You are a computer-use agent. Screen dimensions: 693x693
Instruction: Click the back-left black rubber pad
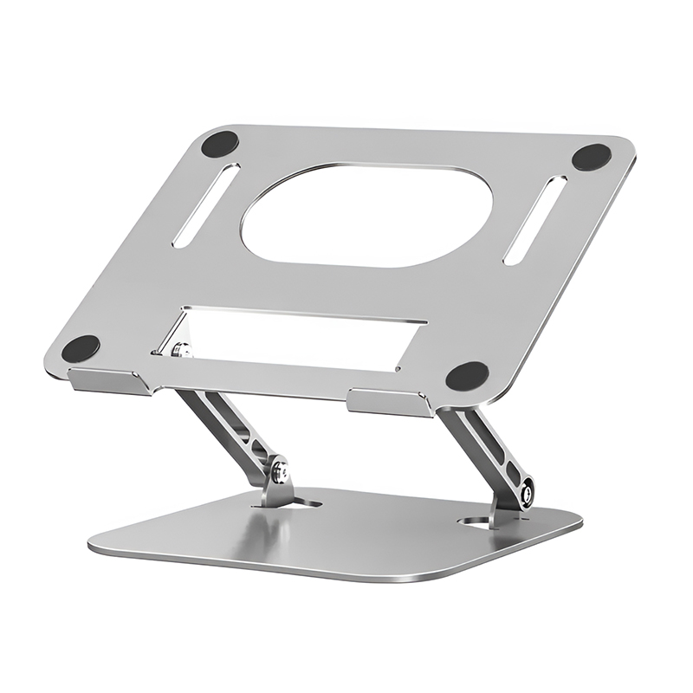point(220,144)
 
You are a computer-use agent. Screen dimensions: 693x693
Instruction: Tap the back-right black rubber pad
point(592,157)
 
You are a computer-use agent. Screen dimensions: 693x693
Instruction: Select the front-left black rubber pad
point(81,348)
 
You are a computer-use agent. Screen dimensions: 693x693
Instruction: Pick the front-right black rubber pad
point(467,376)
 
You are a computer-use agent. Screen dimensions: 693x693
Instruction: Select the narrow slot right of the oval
point(534,220)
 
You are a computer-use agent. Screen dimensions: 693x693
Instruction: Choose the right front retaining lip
point(389,403)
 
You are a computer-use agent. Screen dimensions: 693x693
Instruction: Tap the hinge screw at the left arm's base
point(278,472)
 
